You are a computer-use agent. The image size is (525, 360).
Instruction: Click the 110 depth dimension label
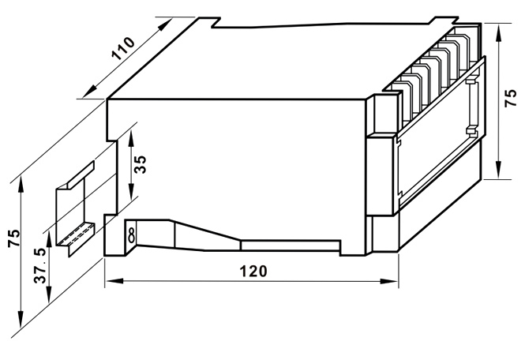click(123, 50)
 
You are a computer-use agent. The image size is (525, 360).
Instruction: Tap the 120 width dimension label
click(253, 271)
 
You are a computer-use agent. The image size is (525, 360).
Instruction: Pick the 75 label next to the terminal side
click(511, 101)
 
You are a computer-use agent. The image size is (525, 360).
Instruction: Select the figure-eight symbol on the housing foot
click(131, 234)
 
